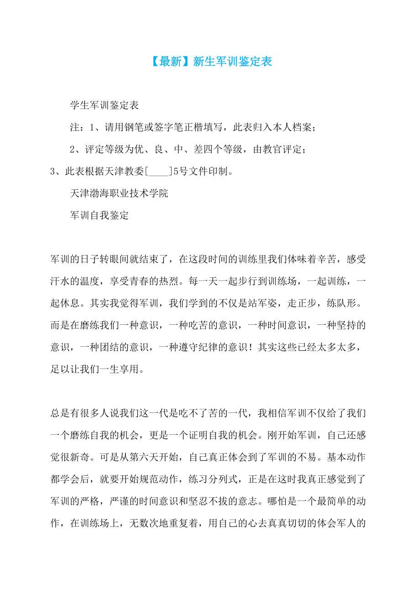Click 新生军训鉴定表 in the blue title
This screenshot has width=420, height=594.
tap(233, 62)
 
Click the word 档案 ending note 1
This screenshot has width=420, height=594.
tap(302, 128)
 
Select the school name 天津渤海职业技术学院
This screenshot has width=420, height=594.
tap(119, 193)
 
